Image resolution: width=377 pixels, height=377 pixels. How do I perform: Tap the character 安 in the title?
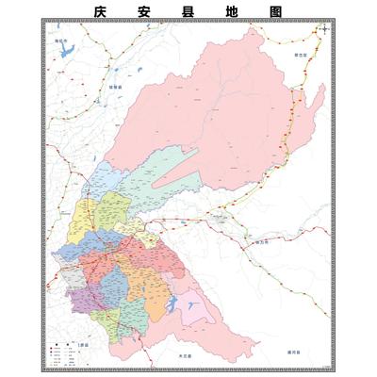[x=144, y=12]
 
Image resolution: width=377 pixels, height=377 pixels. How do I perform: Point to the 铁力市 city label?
[x=261, y=241]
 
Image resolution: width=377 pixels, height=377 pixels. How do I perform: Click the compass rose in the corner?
[x=324, y=29]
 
